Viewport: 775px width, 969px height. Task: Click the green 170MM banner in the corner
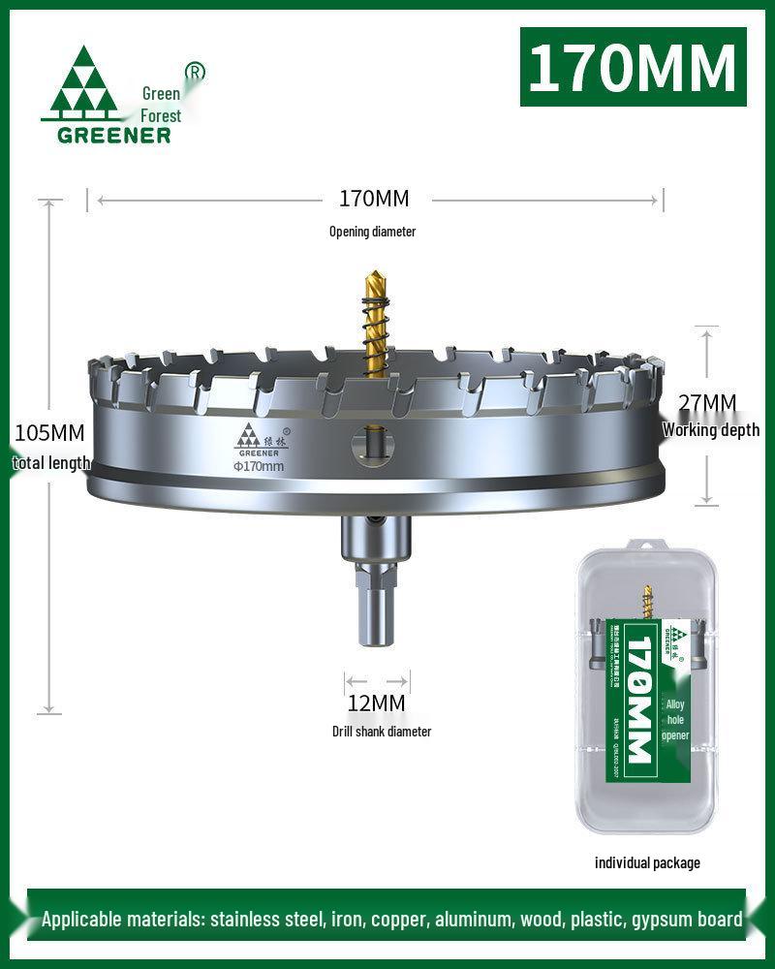(x=634, y=67)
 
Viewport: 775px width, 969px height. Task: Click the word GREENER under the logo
(x=113, y=135)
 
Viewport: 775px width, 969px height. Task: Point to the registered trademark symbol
(x=195, y=72)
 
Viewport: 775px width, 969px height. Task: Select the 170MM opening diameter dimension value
(x=374, y=199)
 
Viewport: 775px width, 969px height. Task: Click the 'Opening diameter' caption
(x=373, y=232)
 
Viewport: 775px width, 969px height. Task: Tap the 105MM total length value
(x=48, y=432)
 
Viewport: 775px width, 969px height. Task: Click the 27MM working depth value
(x=707, y=402)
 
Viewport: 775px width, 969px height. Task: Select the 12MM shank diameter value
(x=376, y=703)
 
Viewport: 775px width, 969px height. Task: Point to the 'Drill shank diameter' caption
(x=382, y=732)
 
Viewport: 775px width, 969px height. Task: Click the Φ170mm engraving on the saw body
(x=258, y=466)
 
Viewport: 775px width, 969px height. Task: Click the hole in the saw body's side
(x=373, y=445)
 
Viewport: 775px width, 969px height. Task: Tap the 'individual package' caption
(x=647, y=862)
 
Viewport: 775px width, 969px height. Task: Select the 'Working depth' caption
(x=711, y=430)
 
